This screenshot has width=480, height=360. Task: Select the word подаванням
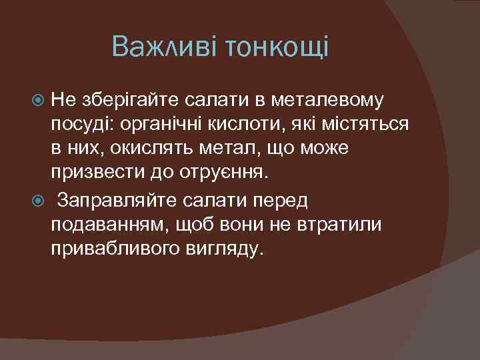pos(109,224)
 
